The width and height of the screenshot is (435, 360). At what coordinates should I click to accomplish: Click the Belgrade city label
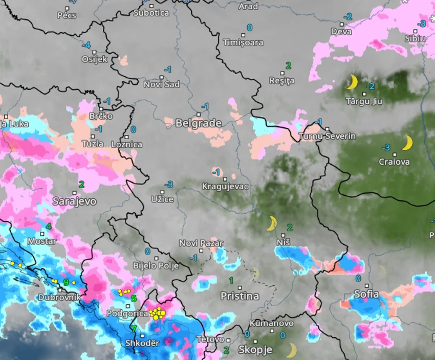(x=199, y=123)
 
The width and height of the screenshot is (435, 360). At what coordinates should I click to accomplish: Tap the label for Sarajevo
(x=74, y=201)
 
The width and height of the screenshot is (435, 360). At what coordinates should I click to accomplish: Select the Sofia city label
(x=366, y=294)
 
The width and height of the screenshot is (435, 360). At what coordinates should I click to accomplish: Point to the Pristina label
(x=240, y=296)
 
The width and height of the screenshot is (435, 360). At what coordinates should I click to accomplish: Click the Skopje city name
(x=255, y=350)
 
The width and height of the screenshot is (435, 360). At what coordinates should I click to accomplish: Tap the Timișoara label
(x=243, y=42)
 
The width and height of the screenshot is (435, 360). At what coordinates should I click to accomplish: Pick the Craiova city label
(x=394, y=162)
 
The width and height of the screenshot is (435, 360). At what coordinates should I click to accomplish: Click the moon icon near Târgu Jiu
(x=352, y=82)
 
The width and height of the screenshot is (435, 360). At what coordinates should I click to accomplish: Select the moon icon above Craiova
(x=407, y=143)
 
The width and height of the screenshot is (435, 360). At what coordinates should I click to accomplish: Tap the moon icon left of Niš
(x=271, y=223)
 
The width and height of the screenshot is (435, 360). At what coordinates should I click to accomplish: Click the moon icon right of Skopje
(x=291, y=350)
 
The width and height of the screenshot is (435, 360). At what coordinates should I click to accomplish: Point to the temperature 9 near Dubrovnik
(x=66, y=282)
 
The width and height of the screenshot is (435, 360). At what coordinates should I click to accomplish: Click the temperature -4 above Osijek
(x=86, y=45)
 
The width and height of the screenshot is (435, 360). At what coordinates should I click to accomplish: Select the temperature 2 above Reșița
(x=288, y=65)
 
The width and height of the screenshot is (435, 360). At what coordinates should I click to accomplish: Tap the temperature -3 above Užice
(x=168, y=184)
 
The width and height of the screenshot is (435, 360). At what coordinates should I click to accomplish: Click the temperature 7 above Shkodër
(x=134, y=329)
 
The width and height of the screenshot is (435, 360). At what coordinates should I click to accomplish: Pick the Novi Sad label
(x=162, y=84)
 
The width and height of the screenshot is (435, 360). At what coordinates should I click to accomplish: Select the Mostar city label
(x=42, y=241)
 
